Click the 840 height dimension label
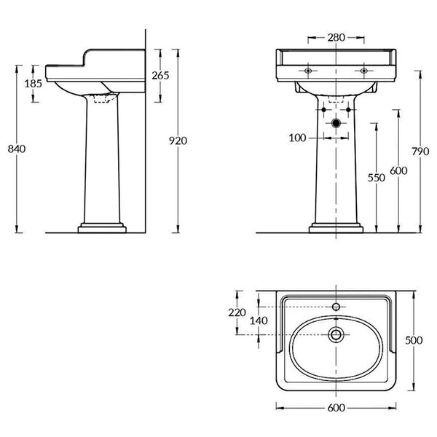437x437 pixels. (x=17, y=149)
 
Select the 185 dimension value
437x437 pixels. (x=34, y=83)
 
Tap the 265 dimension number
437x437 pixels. (x=160, y=76)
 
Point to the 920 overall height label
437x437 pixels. (x=178, y=141)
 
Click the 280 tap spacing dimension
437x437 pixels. (x=336, y=37)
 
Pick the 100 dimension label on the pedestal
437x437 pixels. (x=297, y=138)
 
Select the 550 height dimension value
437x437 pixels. (x=377, y=178)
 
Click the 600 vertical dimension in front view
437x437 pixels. (x=398, y=170)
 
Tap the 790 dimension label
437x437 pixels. (x=420, y=151)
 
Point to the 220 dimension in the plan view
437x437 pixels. (x=237, y=312)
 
